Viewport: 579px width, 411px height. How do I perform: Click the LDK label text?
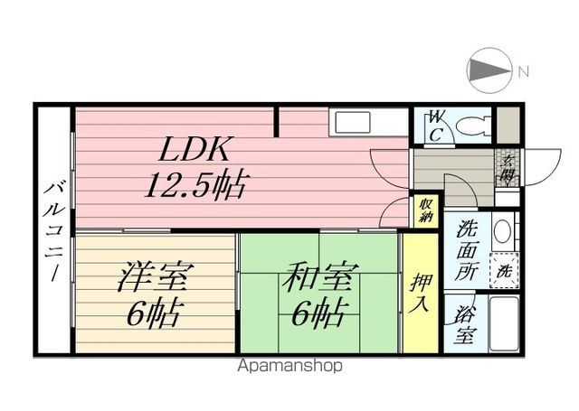point(195,149)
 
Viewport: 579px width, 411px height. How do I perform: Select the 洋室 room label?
point(155,276)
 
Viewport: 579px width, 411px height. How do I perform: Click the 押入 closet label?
point(420,293)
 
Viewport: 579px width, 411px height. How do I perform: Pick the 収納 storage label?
point(426,210)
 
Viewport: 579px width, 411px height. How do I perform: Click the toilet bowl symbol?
point(473,126)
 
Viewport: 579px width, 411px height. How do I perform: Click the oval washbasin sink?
point(503,231)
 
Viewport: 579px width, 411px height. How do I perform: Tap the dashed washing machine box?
point(504,271)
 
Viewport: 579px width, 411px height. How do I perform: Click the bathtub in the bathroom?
point(504,323)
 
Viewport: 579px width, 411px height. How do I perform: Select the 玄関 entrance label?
point(508,168)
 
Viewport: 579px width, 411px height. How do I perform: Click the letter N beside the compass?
point(524,71)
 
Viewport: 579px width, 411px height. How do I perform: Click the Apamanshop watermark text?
point(289,366)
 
